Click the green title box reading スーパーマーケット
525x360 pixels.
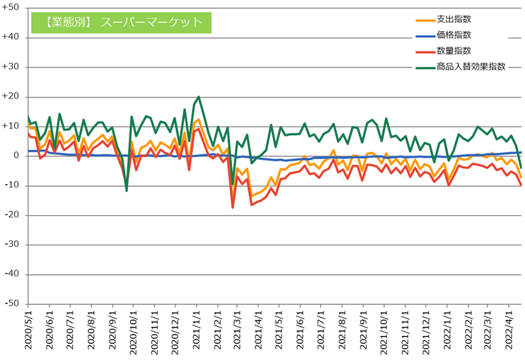coord(121,22)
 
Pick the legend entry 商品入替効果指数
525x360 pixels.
coord(471,66)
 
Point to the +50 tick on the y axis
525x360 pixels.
coord(12,8)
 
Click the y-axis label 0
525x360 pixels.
coord(17,156)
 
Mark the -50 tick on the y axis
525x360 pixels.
coord(13,303)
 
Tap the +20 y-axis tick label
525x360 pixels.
coord(12,96)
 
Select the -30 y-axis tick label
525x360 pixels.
coord(13,244)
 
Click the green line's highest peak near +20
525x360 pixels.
coord(198,97)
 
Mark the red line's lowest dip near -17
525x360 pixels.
coord(233,207)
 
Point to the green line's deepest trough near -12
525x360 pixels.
coord(127,190)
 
